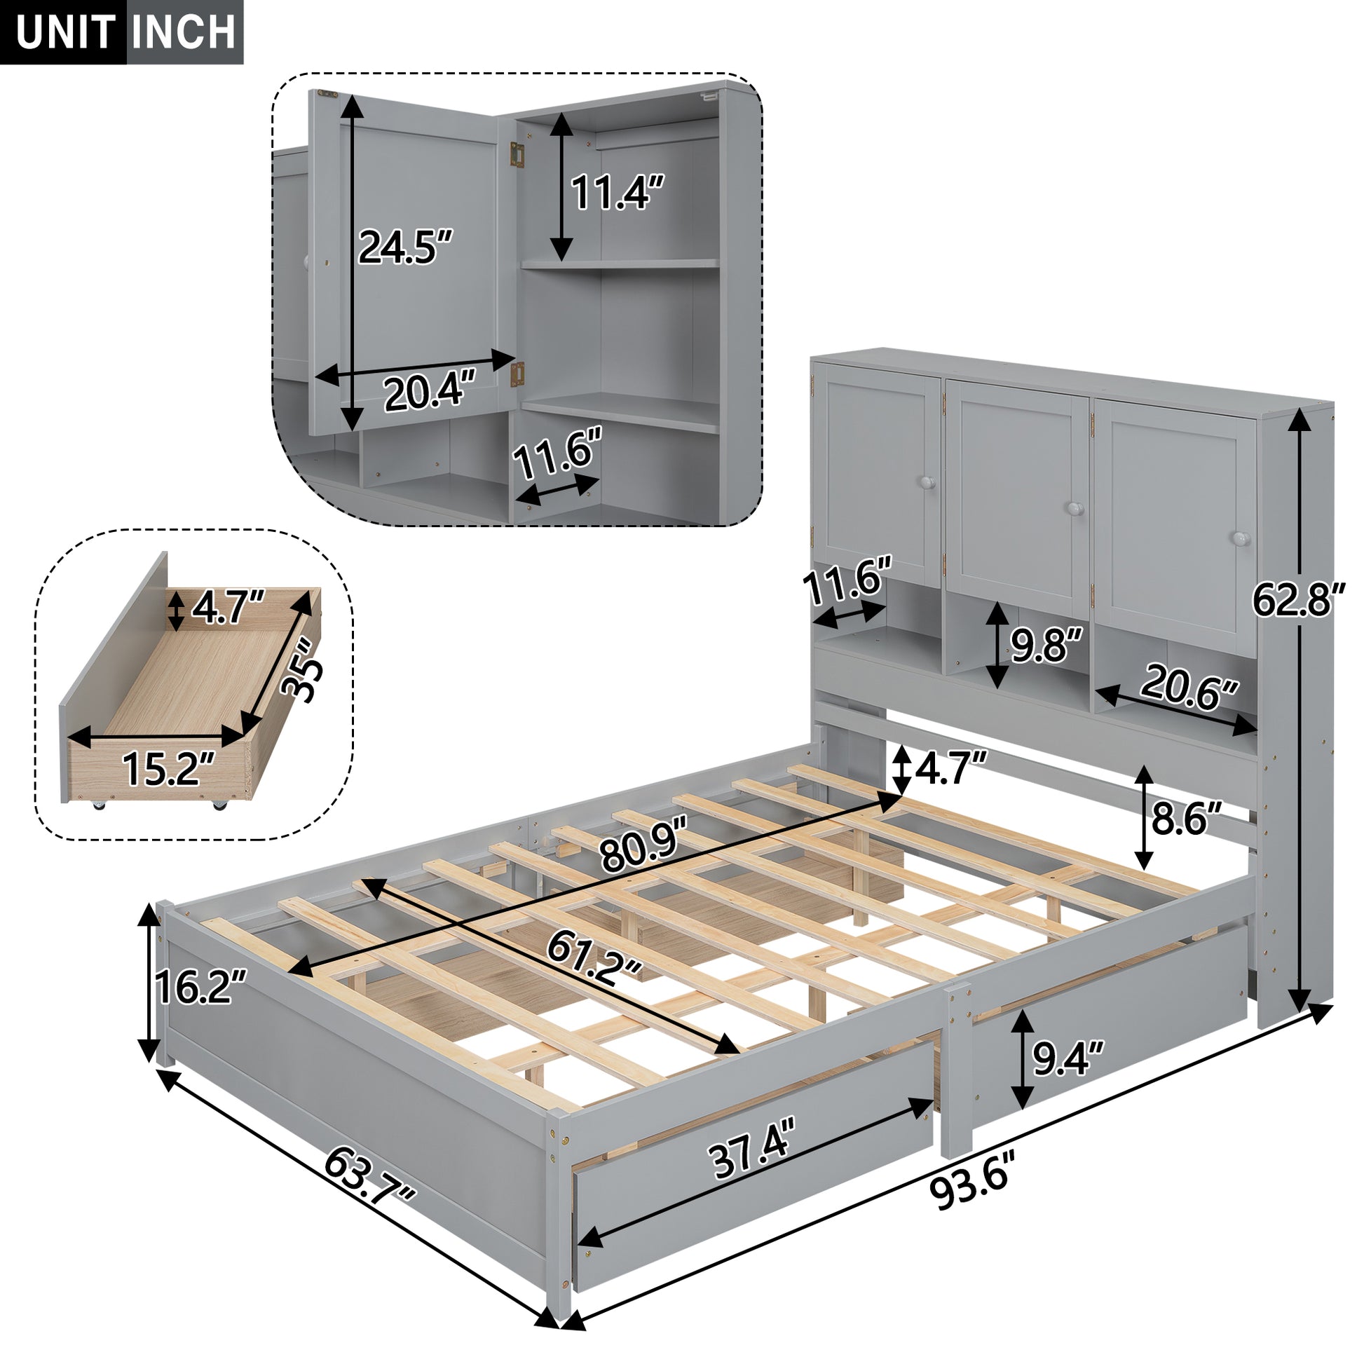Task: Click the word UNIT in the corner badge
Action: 65,32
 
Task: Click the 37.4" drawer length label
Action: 751,1156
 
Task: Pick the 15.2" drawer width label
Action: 168,768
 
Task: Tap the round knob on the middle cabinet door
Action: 1075,508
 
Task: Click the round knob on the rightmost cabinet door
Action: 1242,539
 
